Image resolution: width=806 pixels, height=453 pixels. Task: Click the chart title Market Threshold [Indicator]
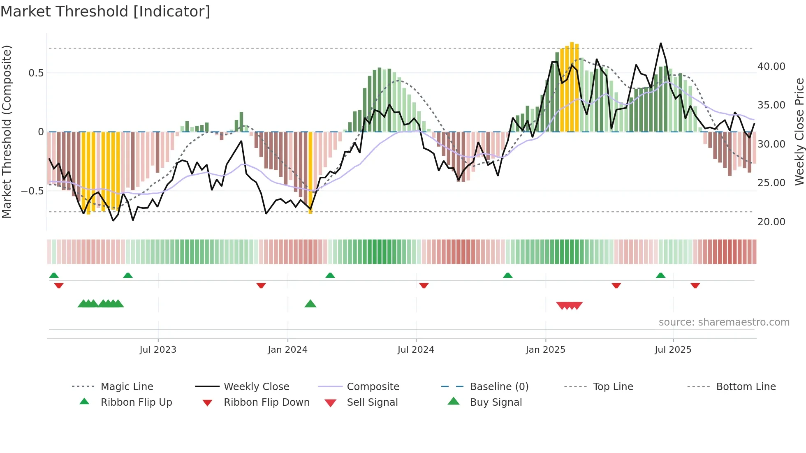click(105, 12)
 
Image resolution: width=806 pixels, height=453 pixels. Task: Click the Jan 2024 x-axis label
click(287, 350)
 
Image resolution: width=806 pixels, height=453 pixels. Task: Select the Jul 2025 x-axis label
click(673, 350)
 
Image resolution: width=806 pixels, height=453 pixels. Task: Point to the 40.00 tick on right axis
click(771, 67)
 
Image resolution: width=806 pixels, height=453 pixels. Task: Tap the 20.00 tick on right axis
click(771, 222)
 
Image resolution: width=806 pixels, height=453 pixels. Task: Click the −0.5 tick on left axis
click(32, 191)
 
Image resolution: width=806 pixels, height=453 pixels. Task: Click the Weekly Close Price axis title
click(799, 132)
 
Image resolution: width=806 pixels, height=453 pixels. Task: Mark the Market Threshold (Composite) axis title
click(7, 132)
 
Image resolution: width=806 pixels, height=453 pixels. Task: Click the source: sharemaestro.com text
click(724, 322)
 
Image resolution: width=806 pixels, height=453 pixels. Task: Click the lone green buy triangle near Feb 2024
click(310, 304)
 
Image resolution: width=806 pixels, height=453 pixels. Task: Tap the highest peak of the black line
click(661, 43)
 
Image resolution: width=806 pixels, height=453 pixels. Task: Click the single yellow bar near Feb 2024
click(310, 173)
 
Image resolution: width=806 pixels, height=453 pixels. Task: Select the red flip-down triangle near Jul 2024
click(424, 285)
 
